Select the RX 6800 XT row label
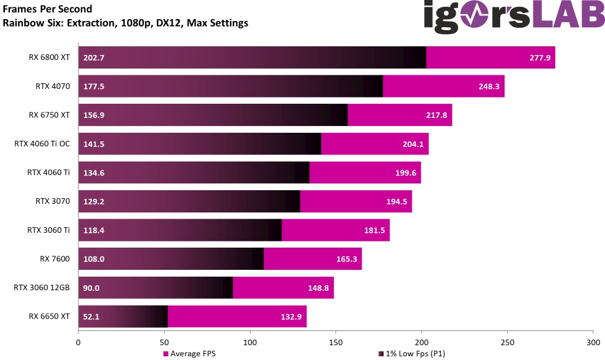tap(49, 58)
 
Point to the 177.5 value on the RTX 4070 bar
tap(93, 86)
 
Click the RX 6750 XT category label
tap(49, 115)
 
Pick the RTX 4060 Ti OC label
tap(42, 144)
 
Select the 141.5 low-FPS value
tap(93, 144)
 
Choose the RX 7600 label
tap(53, 259)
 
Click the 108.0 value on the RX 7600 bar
tap(93, 259)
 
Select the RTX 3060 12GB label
tap(41, 288)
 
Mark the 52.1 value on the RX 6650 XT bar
tap(91, 317)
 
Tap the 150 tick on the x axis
tap(336, 341)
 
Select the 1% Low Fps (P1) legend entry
tap(412, 354)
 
